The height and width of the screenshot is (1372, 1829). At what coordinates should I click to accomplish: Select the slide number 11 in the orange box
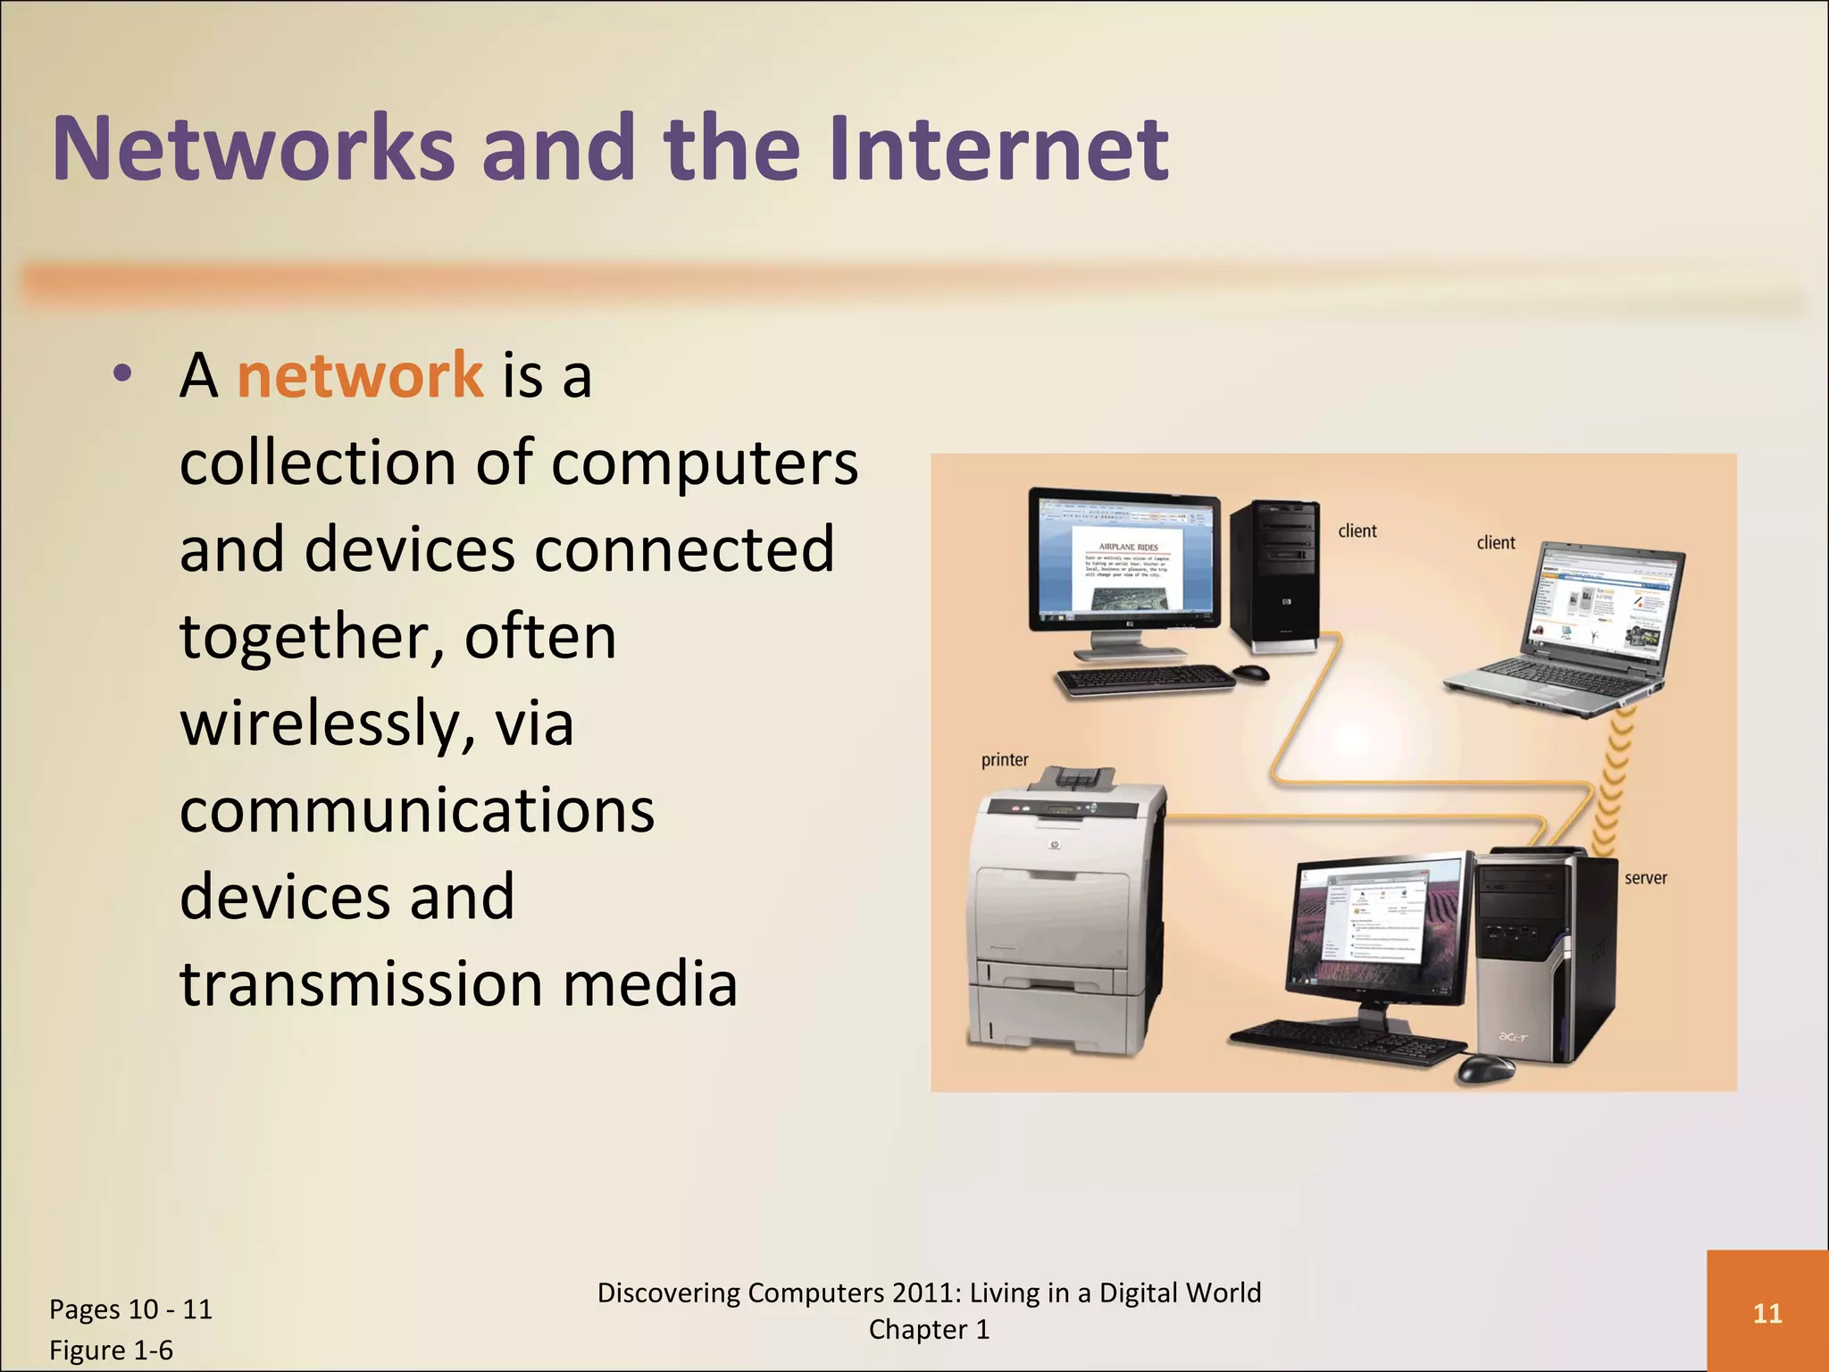coord(1767,1313)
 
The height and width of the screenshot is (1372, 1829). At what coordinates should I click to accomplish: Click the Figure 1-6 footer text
coord(111,1350)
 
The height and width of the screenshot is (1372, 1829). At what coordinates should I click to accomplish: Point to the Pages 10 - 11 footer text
coord(130,1309)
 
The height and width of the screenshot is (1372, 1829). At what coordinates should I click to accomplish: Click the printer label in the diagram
coord(1005,760)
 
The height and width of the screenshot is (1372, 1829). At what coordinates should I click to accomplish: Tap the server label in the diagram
coord(1645,878)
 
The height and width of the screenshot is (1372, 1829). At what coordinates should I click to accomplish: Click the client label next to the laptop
coord(1496,543)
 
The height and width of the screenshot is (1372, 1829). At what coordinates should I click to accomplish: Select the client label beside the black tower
coord(1357,531)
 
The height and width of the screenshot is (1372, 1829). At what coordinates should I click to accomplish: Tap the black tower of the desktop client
coord(1274,572)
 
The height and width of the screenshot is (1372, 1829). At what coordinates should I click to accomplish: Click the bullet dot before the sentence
coord(123,374)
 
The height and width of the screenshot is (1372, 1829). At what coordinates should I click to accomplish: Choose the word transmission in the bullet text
coord(362,984)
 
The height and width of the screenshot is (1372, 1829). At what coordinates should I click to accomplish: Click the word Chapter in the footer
coord(917,1330)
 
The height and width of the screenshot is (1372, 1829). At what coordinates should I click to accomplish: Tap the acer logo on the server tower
coord(1512,1037)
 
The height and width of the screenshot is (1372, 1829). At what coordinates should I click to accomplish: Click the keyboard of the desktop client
coord(1146,681)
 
